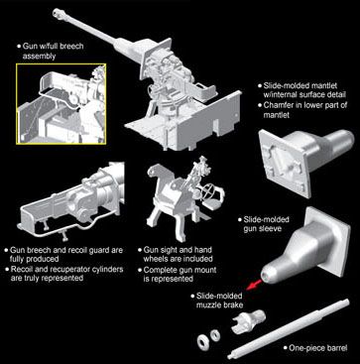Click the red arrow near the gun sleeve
[x=254, y=284]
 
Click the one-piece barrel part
[x=289, y=328]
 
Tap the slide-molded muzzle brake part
[x=248, y=321]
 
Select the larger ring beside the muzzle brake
[x=202, y=341]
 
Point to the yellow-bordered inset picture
[x=61, y=104]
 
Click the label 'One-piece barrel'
[x=318, y=348]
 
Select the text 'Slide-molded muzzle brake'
[x=219, y=301]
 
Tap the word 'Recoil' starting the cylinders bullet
[x=22, y=269]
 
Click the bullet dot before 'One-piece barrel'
[x=285, y=348]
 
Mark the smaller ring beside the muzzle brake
[x=215, y=335]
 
